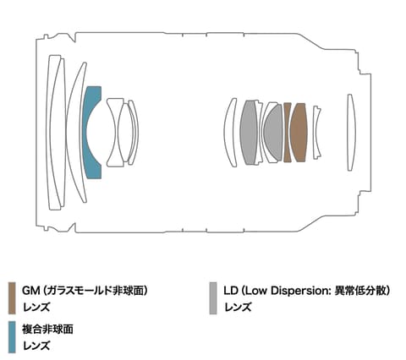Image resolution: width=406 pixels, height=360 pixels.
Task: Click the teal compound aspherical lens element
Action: [x=91, y=132]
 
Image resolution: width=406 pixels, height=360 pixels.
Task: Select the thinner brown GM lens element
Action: [x=288, y=132]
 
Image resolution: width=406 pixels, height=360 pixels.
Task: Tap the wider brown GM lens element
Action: [x=299, y=132]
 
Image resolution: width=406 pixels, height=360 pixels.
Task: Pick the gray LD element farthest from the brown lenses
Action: [x=248, y=132]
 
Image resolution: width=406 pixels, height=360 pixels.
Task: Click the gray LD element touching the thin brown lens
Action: [x=274, y=133]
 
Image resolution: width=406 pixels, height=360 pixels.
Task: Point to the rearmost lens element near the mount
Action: [x=350, y=132]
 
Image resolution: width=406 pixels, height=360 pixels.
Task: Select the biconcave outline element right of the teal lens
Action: [x=115, y=132]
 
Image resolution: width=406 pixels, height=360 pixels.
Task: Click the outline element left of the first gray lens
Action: [x=229, y=132]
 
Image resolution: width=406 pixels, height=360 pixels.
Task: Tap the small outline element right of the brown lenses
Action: [x=315, y=132]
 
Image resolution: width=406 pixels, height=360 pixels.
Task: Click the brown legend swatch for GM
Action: [x=12, y=298]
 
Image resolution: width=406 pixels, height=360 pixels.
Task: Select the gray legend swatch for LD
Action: [x=214, y=298]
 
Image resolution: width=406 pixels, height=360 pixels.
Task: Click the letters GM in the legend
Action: [x=30, y=291]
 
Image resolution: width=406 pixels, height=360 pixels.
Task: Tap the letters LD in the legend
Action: [x=231, y=291]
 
